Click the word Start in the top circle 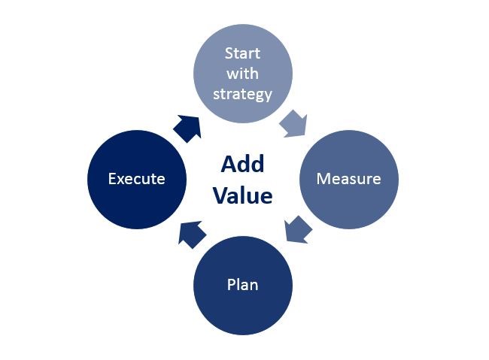click(x=243, y=53)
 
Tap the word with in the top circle click(x=243, y=74)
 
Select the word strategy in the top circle click(x=243, y=95)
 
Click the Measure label click(x=348, y=179)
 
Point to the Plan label click(x=243, y=285)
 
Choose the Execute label click(x=137, y=179)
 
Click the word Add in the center click(x=243, y=164)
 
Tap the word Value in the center click(x=243, y=195)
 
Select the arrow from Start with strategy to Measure click(x=293, y=123)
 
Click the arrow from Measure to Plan click(x=298, y=229)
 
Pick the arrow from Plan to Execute click(x=192, y=234)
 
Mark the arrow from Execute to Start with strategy click(x=187, y=129)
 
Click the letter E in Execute click(x=112, y=179)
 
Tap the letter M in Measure click(x=323, y=179)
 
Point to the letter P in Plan click(x=231, y=285)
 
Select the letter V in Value click(x=220, y=195)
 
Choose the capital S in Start click(x=229, y=53)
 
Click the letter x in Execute click(x=121, y=180)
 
